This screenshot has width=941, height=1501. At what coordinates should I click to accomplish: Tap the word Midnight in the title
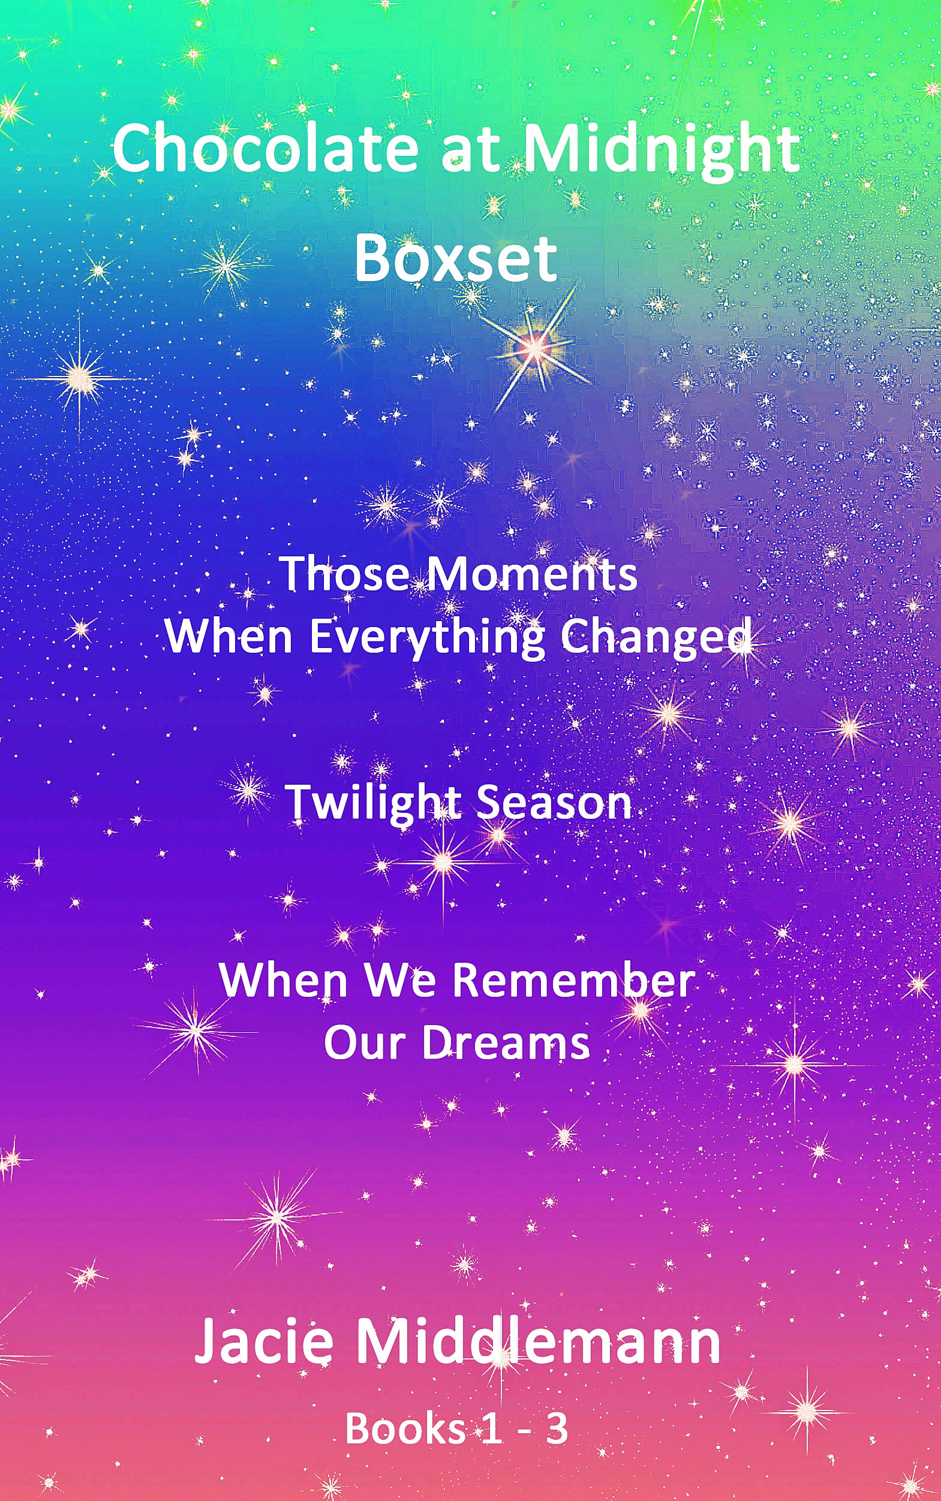pos(661,153)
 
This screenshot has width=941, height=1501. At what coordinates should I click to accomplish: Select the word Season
pos(555,804)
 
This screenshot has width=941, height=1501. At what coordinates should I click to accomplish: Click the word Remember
pos(573,980)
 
